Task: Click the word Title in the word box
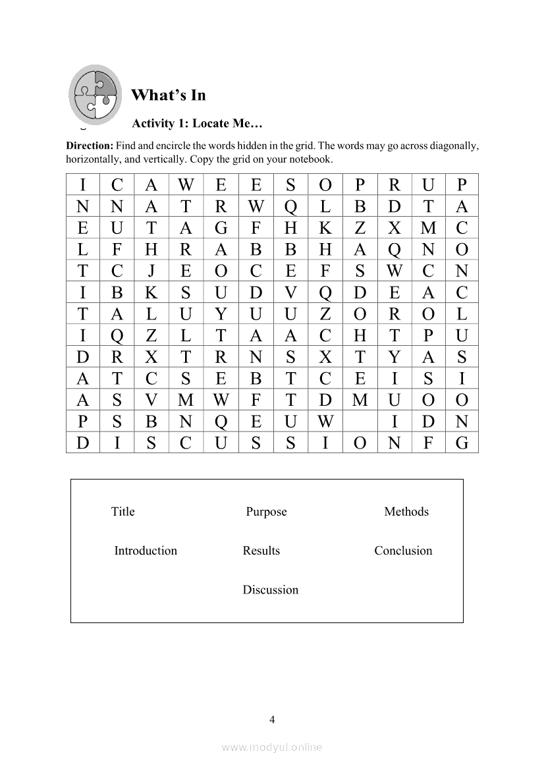[x=123, y=512]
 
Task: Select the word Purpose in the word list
[x=266, y=512]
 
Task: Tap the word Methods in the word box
[x=406, y=512]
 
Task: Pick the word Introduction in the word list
[x=146, y=551]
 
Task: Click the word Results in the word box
[x=261, y=551]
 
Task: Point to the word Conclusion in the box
[x=403, y=551]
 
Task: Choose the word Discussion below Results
[x=270, y=590]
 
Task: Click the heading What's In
[x=169, y=95]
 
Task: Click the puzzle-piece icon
[x=95, y=92]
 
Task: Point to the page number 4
[x=272, y=719]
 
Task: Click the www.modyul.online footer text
[x=272, y=747]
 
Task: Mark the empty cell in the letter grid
[x=360, y=421]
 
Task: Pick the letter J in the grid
[x=151, y=271]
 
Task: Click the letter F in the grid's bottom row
[x=428, y=443]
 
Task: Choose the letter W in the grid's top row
[x=186, y=185]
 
